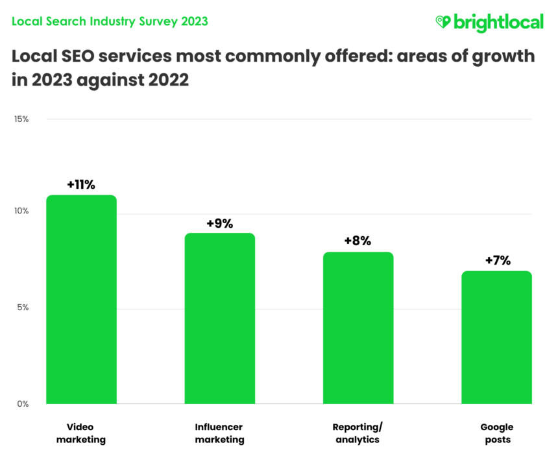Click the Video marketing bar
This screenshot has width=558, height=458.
point(81,300)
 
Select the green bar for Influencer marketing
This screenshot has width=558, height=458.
point(220,319)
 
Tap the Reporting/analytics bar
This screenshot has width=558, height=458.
point(358,328)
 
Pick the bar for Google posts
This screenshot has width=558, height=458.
point(496,337)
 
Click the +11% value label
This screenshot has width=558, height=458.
point(81,185)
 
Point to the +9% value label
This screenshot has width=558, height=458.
point(220,223)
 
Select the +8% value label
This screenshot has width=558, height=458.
point(358,241)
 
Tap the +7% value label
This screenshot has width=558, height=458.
point(497,261)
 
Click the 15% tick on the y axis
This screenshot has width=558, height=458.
point(21,119)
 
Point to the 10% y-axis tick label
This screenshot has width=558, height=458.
point(21,211)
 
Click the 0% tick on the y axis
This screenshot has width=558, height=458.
point(22,404)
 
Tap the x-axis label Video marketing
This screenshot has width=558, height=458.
point(81,433)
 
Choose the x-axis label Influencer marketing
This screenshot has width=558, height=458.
point(220,433)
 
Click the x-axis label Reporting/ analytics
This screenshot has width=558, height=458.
point(358,433)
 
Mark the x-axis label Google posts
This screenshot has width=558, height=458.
point(496,433)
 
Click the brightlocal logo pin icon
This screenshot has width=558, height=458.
point(443,22)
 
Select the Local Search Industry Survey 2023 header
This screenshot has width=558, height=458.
point(110,21)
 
